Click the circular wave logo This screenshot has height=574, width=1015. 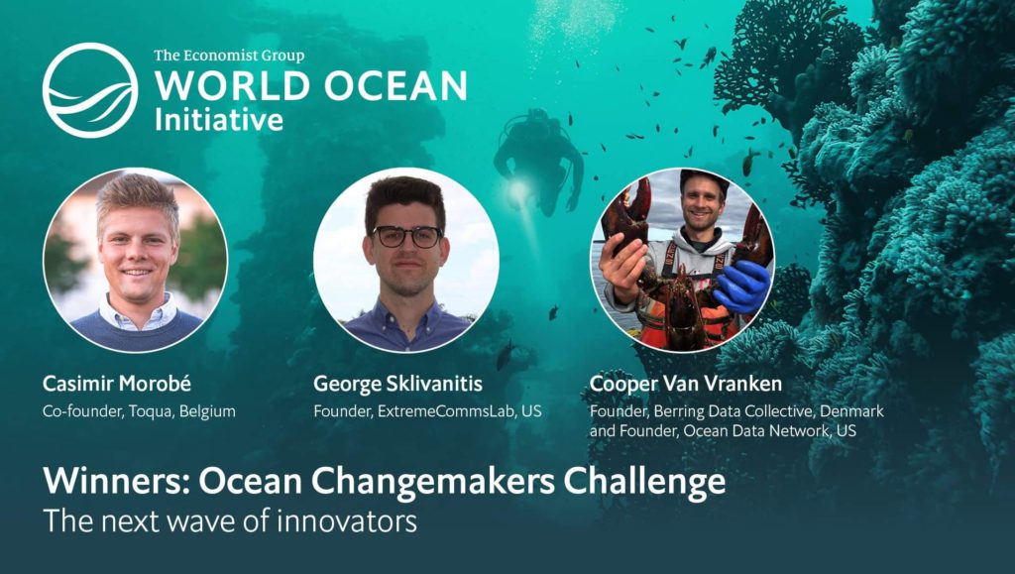pyautogui.click(x=90, y=90)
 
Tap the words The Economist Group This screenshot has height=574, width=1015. pyautogui.click(x=229, y=56)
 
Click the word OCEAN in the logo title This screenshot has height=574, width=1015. pyautogui.click(x=395, y=86)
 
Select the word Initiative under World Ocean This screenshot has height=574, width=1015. pyautogui.click(x=219, y=120)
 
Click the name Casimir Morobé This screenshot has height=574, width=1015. pyautogui.click(x=117, y=384)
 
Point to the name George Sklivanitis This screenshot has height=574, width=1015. pyautogui.click(x=398, y=384)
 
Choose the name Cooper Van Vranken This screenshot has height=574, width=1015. pyautogui.click(x=686, y=384)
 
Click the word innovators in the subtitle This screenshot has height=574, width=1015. pyautogui.click(x=346, y=521)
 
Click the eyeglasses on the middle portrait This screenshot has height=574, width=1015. pyautogui.click(x=407, y=236)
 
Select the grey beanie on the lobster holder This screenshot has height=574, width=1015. pyautogui.click(x=705, y=178)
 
